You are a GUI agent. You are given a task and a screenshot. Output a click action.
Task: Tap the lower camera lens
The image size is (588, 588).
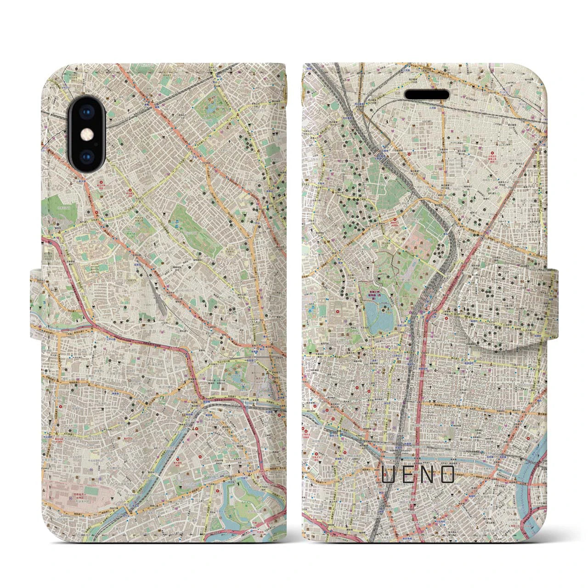coord(87,156)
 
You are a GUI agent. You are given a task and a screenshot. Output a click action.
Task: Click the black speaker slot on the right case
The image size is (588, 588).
coord(427,94)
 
